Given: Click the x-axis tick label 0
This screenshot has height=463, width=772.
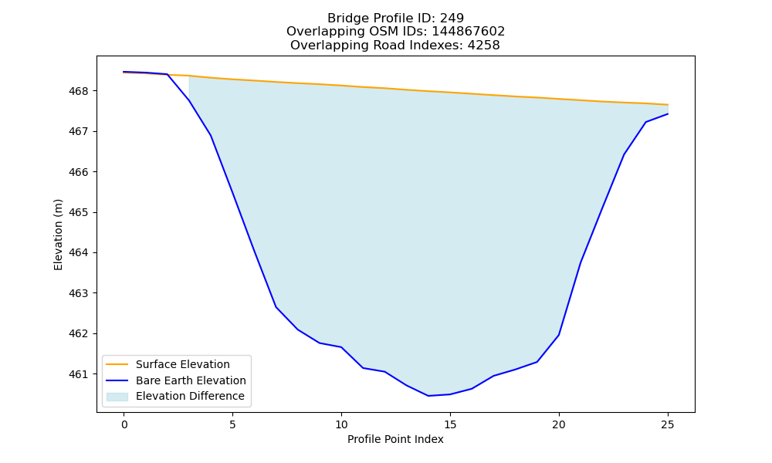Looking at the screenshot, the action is pos(124,424).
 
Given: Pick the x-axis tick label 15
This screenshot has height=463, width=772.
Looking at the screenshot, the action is pos(450,424).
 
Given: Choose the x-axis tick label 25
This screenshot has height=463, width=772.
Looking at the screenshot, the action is pos(668,424).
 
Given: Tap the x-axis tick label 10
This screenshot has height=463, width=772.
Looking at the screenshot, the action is pos(341,424).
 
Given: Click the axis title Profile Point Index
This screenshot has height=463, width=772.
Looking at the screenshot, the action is pos(395,439).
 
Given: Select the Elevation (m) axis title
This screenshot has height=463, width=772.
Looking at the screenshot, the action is pos(59,235).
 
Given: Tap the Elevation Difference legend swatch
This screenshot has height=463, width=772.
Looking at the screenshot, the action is pos(117,397).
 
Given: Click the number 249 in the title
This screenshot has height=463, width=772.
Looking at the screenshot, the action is pos(452,19).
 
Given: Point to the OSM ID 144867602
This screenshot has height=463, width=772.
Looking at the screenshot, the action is pos(469,32).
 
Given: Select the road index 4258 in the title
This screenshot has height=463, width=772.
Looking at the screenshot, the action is pos(484,46).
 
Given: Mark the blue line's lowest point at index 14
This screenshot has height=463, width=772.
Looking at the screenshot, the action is pos(428,396).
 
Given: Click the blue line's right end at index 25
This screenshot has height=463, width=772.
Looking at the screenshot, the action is pos(668,114).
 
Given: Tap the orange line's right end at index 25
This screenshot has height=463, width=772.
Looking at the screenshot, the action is pos(668,105).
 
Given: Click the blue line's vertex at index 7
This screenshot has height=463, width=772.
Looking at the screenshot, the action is pos(276,307).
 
